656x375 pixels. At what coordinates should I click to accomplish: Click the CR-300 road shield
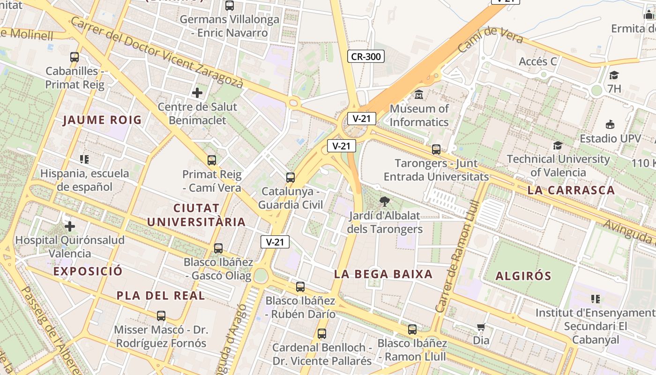(x=366, y=57)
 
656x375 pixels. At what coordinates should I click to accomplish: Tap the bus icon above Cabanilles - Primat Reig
(x=75, y=57)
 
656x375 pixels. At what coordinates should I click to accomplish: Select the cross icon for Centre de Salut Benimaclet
(x=197, y=93)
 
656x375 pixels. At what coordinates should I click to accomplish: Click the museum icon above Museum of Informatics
(x=419, y=95)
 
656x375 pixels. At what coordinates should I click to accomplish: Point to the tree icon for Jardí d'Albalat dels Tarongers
(x=385, y=202)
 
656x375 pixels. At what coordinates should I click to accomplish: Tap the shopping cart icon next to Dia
(x=481, y=327)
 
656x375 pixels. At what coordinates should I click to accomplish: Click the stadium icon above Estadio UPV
(x=610, y=124)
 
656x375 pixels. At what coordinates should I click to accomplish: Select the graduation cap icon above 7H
(x=614, y=75)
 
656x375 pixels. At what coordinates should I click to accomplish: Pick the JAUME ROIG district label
(x=102, y=120)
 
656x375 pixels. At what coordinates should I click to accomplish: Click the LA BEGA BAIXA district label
(x=383, y=274)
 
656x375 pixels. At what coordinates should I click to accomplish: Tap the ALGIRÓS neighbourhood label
(x=523, y=276)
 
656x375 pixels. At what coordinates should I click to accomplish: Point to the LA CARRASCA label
(x=571, y=190)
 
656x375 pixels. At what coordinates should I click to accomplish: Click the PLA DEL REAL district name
(x=161, y=296)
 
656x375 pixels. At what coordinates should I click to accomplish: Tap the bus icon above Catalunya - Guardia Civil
(x=291, y=178)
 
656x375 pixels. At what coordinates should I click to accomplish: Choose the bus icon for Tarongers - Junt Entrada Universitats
(x=436, y=150)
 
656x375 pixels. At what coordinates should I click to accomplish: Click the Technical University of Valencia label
(x=558, y=165)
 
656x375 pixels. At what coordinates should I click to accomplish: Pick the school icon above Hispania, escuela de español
(x=84, y=159)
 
